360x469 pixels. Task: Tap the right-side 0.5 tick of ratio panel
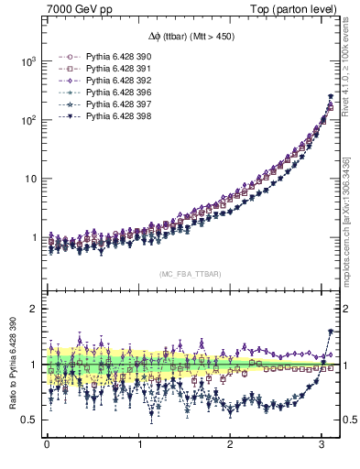point(348,420)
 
